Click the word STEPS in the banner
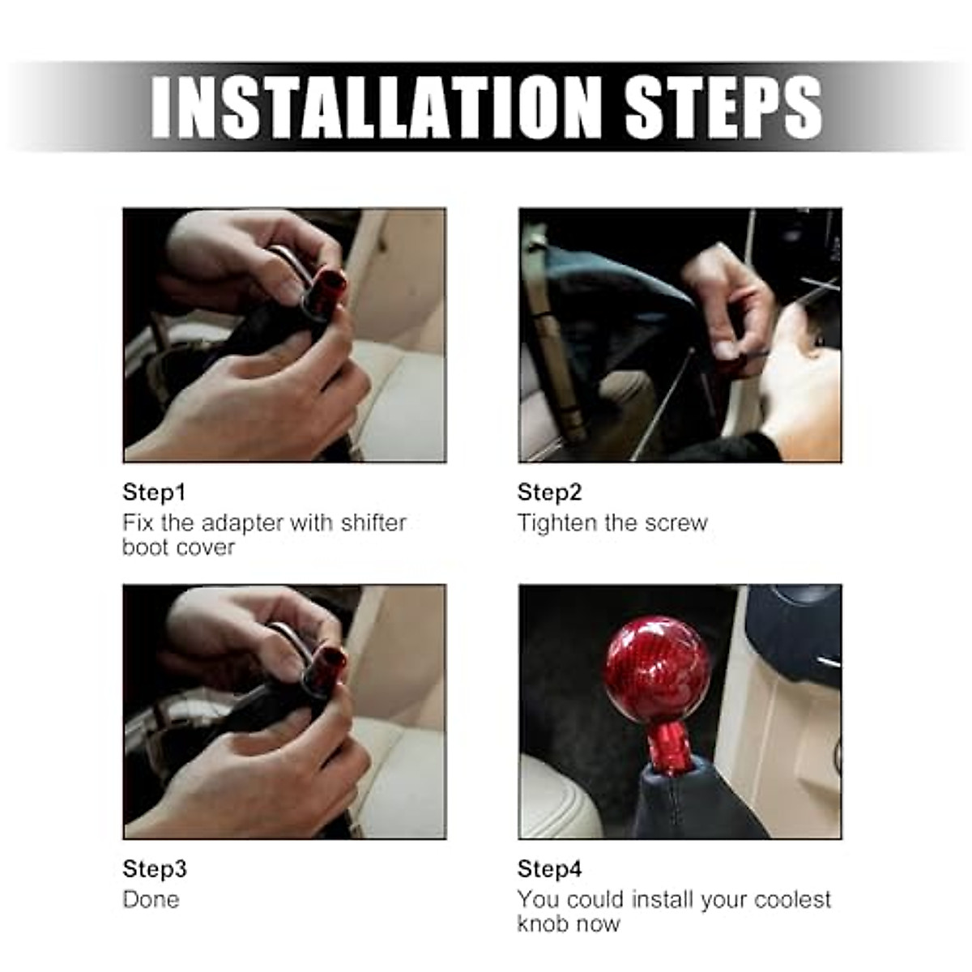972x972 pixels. [x=723, y=107]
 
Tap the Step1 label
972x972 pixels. [x=154, y=492]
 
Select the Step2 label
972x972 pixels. [x=549, y=492]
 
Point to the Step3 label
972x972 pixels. [x=154, y=869]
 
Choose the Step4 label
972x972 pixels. [x=549, y=869]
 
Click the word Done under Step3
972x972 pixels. [x=151, y=900]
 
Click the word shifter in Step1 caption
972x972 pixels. [x=373, y=523]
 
